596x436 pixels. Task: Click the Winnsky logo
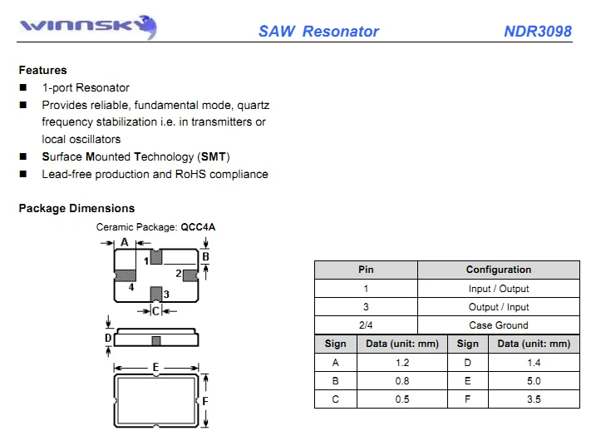[x=88, y=27]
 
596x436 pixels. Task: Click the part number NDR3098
[x=538, y=31]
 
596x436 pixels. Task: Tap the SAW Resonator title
[x=318, y=31]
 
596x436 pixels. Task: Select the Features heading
[x=42, y=70]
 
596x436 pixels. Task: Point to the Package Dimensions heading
[x=76, y=208]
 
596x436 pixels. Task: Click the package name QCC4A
[x=198, y=227]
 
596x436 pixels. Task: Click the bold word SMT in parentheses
[x=214, y=156]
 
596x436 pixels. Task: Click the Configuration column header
[x=498, y=270]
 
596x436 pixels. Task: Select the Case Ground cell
[x=498, y=325]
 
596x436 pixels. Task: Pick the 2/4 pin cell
[x=366, y=325]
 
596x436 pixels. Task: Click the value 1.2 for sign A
[x=402, y=363]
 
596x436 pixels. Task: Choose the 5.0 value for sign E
[x=534, y=381]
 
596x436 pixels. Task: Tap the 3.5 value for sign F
[x=534, y=399]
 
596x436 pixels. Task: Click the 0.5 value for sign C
[x=402, y=399]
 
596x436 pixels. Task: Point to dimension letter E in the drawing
[x=155, y=367]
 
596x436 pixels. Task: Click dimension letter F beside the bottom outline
[x=205, y=401]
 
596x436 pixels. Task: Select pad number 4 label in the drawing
[x=131, y=287]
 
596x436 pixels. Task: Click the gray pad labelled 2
[x=190, y=275]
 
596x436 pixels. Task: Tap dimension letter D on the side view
[x=108, y=338]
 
